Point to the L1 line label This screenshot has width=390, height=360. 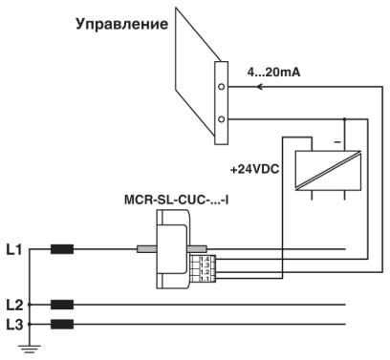pyautogui.click(x=13, y=250)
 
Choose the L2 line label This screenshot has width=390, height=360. pyautogui.click(x=13, y=305)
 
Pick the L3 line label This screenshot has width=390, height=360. pyautogui.click(x=13, y=326)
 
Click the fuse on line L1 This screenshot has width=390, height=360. pyautogui.click(x=62, y=251)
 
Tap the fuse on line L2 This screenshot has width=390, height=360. pyautogui.click(x=62, y=306)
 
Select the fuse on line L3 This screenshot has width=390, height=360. pyautogui.click(x=62, y=326)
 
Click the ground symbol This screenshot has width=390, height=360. pyautogui.click(x=32, y=349)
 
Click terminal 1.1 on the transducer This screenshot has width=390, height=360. pyautogui.click(x=205, y=278)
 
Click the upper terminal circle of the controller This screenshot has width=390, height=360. pyautogui.click(x=222, y=86)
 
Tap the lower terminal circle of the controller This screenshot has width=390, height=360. pyautogui.click(x=222, y=119)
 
